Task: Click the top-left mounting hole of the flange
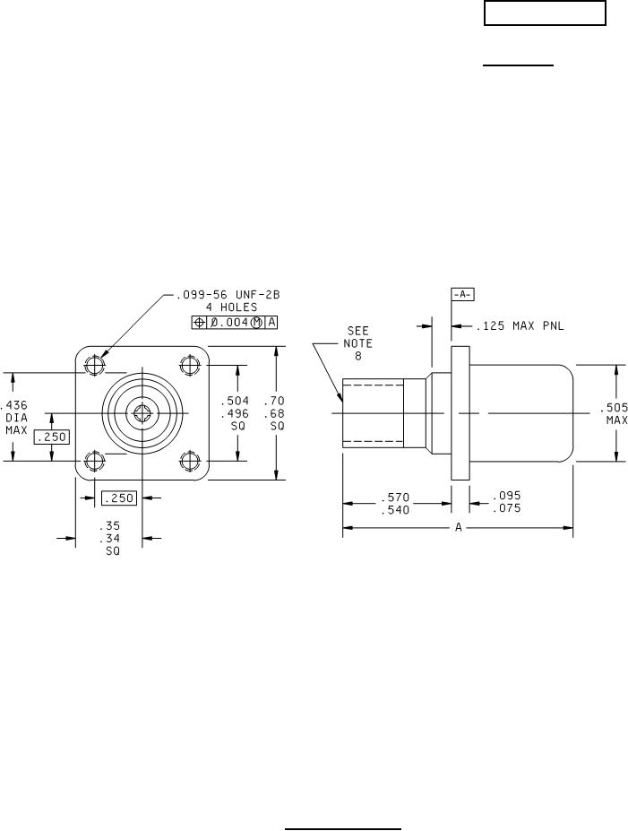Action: tap(95, 365)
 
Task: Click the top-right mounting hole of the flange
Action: tap(189, 365)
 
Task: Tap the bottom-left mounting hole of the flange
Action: tap(95, 461)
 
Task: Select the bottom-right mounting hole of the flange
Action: tap(189, 461)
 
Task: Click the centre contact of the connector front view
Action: tap(142, 412)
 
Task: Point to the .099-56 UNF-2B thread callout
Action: tap(228, 295)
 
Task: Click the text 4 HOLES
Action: tap(231, 307)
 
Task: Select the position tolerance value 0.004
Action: tap(230, 322)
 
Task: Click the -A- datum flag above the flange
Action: tap(462, 295)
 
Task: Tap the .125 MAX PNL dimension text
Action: tap(520, 326)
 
